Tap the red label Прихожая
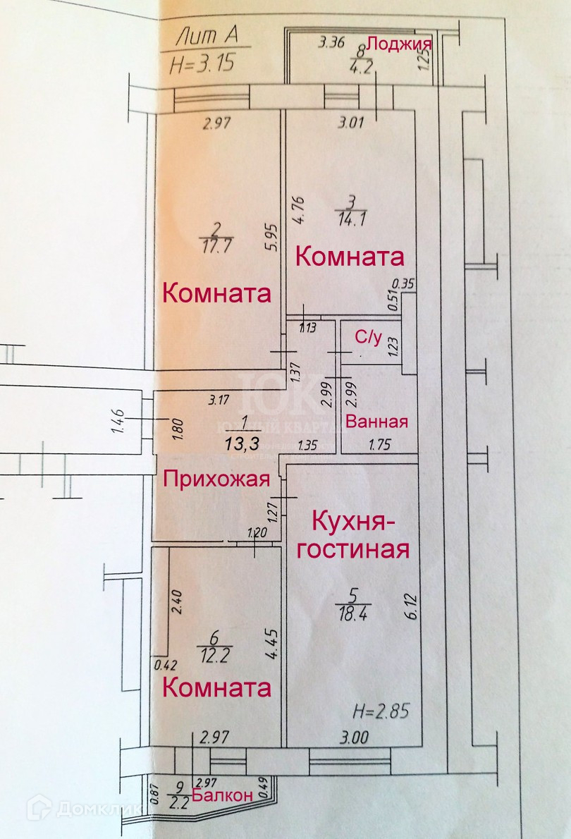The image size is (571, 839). [217, 479]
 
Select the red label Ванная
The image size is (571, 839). [377, 422]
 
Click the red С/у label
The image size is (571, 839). [368, 338]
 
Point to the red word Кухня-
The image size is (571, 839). [350, 523]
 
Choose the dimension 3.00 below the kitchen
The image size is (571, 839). [352, 738]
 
